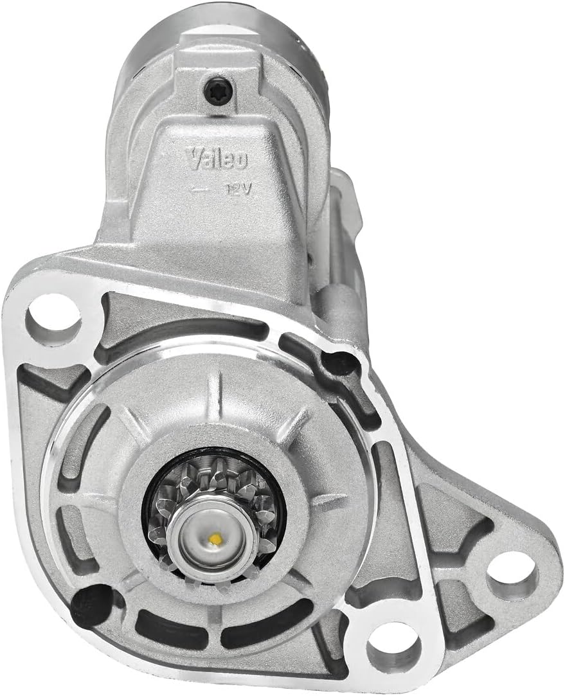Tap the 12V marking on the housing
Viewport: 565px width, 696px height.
(x=238, y=190)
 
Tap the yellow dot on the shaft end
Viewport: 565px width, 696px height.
(x=216, y=539)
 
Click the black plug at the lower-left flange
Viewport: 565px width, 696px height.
(x=92, y=603)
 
